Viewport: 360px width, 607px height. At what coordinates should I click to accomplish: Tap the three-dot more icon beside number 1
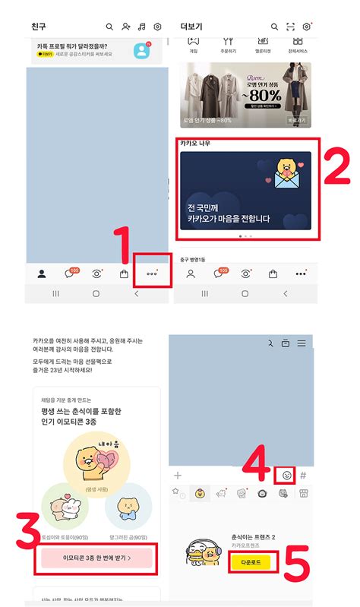[x=152, y=274]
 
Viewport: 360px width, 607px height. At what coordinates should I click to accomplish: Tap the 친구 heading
[x=39, y=27]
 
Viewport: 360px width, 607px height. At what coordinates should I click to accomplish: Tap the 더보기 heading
[x=191, y=27]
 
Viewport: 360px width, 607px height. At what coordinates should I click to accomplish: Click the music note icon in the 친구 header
[x=141, y=27]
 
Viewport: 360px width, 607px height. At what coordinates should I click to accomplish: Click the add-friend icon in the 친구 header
[x=126, y=27]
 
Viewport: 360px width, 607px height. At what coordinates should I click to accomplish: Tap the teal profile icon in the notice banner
[x=142, y=51]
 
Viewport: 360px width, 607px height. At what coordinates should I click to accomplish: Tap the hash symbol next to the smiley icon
[x=302, y=476]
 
